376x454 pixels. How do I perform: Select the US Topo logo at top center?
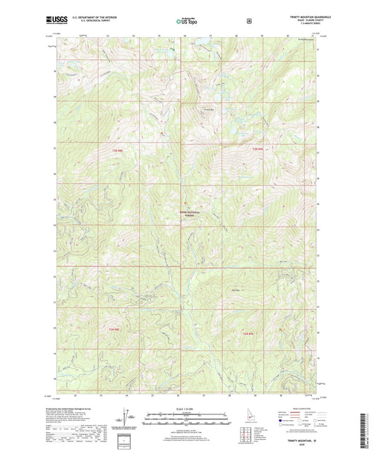point(188,22)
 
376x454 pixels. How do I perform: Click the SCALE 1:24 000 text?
point(188,409)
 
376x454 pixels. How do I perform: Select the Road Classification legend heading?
point(298,408)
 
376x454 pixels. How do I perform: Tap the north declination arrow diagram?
point(127,417)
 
